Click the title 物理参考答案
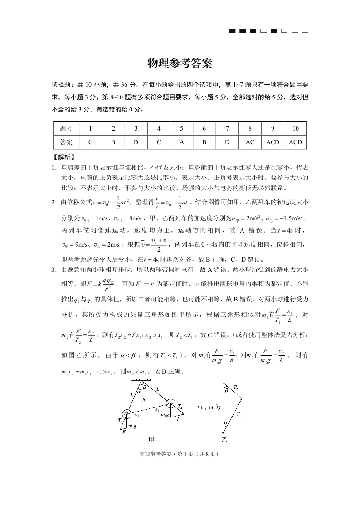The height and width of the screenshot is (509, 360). pyautogui.click(x=180, y=64)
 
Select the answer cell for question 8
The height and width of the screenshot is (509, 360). pyautogui.click(x=250, y=142)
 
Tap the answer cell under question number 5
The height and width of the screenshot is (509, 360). pyautogui.click(x=181, y=142)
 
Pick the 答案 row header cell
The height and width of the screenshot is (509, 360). pyautogui.click(x=66, y=142)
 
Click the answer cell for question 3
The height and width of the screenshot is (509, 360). pyautogui.click(x=136, y=142)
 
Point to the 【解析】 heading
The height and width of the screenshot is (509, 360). pyautogui.click(x=63, y=157)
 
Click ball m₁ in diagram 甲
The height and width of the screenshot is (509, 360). pyautogui.click(x=126, y=414)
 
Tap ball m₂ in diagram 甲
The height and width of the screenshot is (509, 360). pyautogui.click(x=170, y=403)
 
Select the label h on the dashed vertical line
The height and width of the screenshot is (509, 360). pyautogui.click(x=144, y=400)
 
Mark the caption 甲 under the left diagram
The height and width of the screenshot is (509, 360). pyautogui.click(x=151, y=439)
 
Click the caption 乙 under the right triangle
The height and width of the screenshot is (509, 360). pyautogui.click(x=224, y=440)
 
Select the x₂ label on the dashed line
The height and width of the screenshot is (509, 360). pyautogui.click(x=157, y=409)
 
